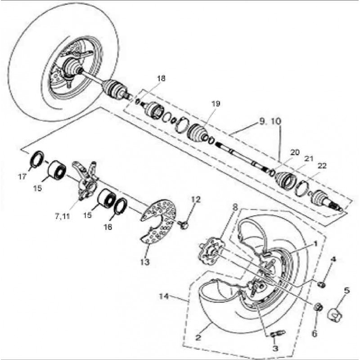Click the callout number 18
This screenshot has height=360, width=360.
click(x=161, y=78)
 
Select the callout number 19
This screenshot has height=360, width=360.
click(x=216, y=104)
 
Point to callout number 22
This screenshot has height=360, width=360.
click(x=322, y=166)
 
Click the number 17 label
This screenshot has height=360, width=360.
click(x=22, y=176)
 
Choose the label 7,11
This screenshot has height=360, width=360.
click(x=62, y=216)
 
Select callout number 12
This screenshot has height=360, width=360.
click(x=196, y=199)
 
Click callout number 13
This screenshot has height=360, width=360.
click(x=145, y=262)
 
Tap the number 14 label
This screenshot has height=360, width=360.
click(x=164, y=296)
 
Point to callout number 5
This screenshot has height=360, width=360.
click(x=346, y=291)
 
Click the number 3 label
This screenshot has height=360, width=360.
click(x=275, y=348)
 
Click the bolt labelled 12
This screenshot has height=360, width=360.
click(x=183, y=224)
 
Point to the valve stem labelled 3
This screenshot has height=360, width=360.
click(x=278, y=333)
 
